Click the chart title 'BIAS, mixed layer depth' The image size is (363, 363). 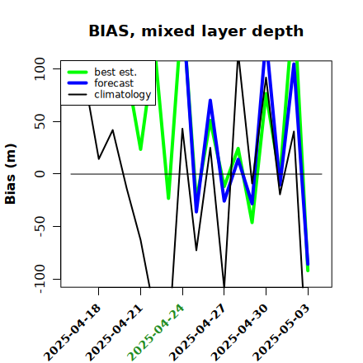pos(196,31)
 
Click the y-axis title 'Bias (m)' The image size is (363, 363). pos(11,174)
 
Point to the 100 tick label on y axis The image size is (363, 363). pos(40,68)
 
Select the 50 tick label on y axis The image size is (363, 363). pos(40,121)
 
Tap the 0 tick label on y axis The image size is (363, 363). pos(40,174)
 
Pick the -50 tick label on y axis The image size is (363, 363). pos(40,226)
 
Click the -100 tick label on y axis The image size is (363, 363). pos(40,279)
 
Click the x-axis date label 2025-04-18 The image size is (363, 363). pos(73,332)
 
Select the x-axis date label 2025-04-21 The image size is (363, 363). pos(114,332)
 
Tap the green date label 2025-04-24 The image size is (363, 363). pos(156,332)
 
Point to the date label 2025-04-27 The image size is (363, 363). pos(197,332)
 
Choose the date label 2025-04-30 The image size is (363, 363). pos(239,332)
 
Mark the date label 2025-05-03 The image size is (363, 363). pos(281,332)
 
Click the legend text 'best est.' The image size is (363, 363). pos(115,72)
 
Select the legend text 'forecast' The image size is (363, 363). pos(114,83)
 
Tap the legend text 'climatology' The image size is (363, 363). pos(123,95)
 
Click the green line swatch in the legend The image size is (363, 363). pos(78,72)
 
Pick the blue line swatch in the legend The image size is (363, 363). pos(78,83)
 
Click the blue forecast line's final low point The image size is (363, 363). pos(308,264)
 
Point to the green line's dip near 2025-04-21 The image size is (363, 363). pos(140,149)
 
